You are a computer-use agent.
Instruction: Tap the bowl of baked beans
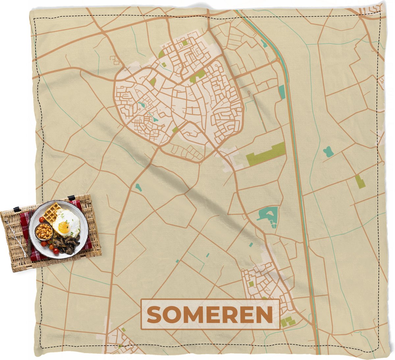tap(44, 232)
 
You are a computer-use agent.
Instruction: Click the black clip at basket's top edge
tap(71, 198)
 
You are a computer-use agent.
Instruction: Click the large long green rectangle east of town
tap(266, 154)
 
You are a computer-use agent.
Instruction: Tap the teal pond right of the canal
tap(328, 152)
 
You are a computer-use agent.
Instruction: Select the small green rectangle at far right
tap(360, 181)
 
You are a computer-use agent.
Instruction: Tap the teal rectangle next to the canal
tap(282, 92)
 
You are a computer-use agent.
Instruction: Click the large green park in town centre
tap(198, 75)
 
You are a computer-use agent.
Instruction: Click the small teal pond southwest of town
tap(139, 188)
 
